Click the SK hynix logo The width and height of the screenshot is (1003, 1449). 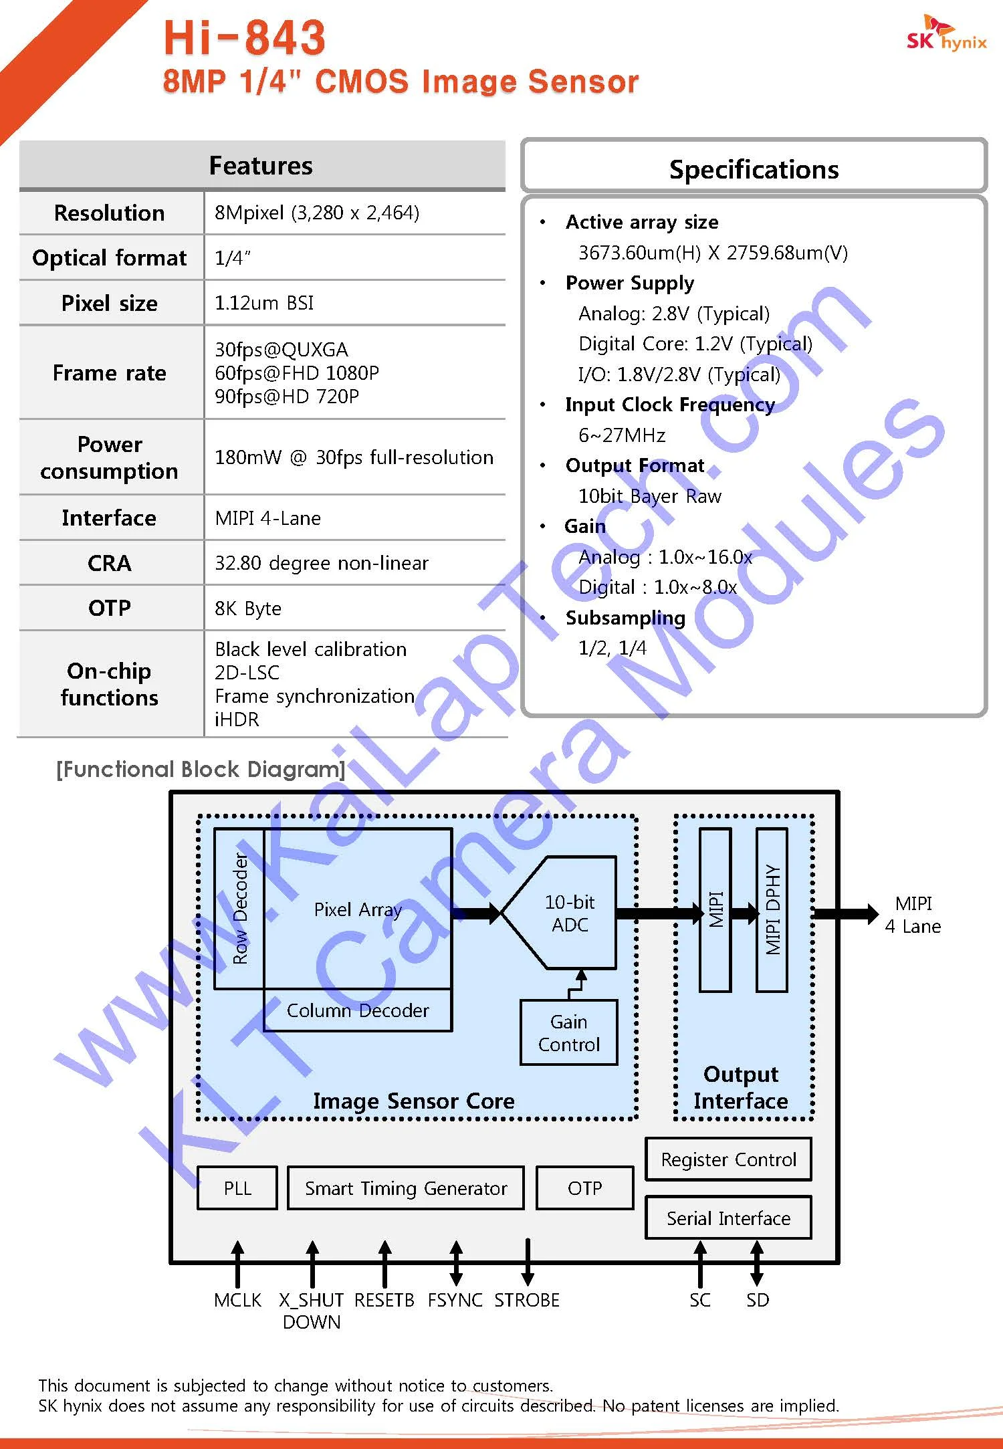tap(945, 34)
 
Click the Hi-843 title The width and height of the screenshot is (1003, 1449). tap(245, 37)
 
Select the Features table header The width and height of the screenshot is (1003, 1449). tap(261, 165)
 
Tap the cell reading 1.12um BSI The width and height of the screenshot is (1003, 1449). tap(264, 303)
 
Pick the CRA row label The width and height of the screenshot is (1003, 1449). tap(110, 563)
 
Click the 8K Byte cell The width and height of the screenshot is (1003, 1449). tap(248, 608)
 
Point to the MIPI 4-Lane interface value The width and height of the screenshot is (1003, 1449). tap(267, 518)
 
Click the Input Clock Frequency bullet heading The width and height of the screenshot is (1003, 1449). tap(669, 405)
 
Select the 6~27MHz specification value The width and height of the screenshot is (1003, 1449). tap(622, 435)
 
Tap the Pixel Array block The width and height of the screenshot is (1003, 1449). tap(358, 909)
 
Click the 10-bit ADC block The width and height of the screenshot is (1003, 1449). tap(569, 913)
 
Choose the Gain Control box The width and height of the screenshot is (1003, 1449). tap(568, 1033)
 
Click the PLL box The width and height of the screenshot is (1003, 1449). tap(237, 1188)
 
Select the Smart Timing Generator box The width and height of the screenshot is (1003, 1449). tap(406, 1188)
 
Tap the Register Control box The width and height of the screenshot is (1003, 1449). tap(728, 1159)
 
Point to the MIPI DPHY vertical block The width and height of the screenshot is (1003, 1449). tap(772, 910)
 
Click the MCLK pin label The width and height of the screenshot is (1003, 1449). tap(238, 1300)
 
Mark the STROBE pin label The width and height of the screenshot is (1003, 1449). tap(527, 1300)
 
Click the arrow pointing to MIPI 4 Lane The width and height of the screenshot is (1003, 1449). tap(847, 913)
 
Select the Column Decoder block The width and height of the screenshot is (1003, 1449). tap(358, 1010)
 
